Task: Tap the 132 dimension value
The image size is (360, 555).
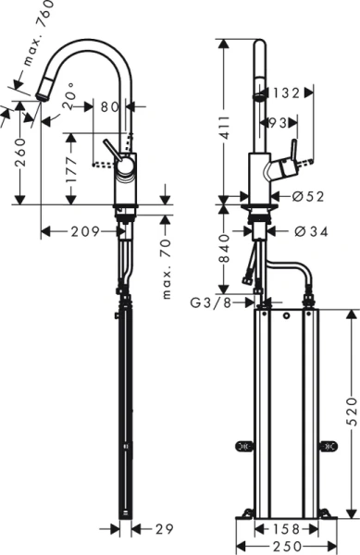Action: [285, 92]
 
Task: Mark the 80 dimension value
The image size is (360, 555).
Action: [110, 107]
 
